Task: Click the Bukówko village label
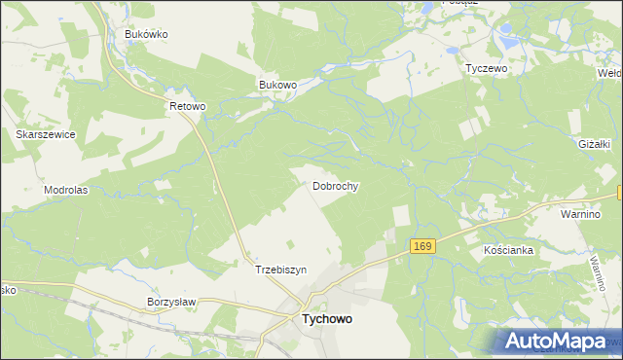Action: point(147,34)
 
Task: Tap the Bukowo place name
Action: point(277,85)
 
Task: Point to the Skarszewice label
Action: point(46,134)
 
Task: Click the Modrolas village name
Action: point(66,190)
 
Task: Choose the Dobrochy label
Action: point(336,185)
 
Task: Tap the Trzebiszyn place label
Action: point(280,270)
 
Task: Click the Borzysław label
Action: point(171,303)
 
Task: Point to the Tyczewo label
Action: point(487,69)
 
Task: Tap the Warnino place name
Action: point(585,211)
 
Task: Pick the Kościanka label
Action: point(509,250)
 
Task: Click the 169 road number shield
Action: point(421,247)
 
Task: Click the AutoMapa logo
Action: point(557,341)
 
